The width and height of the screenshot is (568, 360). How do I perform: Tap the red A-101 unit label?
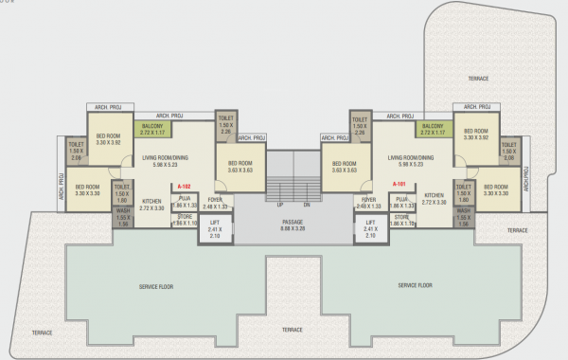tap(399, 183)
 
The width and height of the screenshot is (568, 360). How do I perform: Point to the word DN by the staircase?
tap(307, 205)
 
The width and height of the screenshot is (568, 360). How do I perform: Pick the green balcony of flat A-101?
tap(432, 130)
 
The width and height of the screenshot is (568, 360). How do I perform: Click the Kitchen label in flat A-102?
tap(151, 203)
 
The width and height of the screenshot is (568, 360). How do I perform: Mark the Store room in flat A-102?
tap(185, 219)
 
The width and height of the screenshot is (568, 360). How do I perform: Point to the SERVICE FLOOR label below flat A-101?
tap(415, 284)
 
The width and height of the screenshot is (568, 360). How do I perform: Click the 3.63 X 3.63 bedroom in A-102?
tap(240, 167)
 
